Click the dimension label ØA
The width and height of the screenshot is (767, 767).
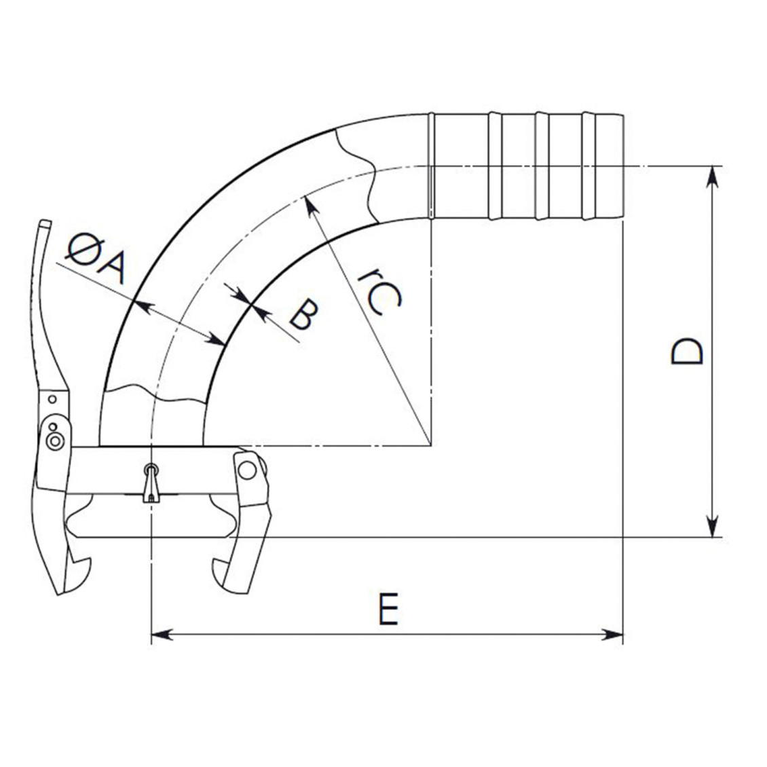pos(96,259)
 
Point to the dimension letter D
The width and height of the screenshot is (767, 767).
pos(687,351)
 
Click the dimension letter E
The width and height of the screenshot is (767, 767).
pos(389,609)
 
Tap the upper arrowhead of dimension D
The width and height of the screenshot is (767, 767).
pos(713,176)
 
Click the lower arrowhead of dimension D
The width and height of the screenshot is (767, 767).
pos(713,526)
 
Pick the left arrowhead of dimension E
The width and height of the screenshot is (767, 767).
pos(162,635)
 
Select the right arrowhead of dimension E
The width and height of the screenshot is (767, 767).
pos(612,635)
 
